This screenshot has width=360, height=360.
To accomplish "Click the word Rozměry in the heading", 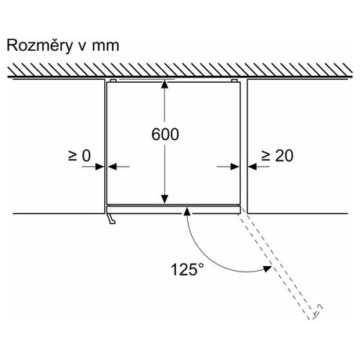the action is [40, 45].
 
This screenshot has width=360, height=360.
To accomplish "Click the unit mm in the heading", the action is [106, 46].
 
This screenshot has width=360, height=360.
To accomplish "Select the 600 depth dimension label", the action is [165, 135].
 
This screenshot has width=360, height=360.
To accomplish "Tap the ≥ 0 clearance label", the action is [79, 156].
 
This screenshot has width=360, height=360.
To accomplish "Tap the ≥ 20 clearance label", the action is [277, 156].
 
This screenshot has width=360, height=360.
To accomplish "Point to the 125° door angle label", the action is [187, 269].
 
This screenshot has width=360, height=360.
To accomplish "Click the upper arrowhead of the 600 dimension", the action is [164, 85].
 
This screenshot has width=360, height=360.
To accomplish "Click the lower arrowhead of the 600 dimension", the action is [164, 200].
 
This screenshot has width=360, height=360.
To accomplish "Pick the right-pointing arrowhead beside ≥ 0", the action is [100, 167].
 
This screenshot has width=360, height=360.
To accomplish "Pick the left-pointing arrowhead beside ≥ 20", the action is [253, 167].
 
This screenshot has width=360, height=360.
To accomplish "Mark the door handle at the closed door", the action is [111, 219].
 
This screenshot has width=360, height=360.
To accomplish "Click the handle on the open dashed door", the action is [318, 311].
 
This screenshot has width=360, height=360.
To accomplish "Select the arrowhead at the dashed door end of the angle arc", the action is [268, 268].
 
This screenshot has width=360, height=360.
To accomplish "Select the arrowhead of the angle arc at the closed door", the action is [186, 211].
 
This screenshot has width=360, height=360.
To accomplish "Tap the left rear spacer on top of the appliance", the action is [113, 81].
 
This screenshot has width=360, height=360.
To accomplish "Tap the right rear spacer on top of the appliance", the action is [234, 81].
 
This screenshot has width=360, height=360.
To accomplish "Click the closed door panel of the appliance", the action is [174, 210].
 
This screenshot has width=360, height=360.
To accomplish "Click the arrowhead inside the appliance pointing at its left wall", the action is [113, 167].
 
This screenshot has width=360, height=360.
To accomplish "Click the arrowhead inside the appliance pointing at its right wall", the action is [235, 167].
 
